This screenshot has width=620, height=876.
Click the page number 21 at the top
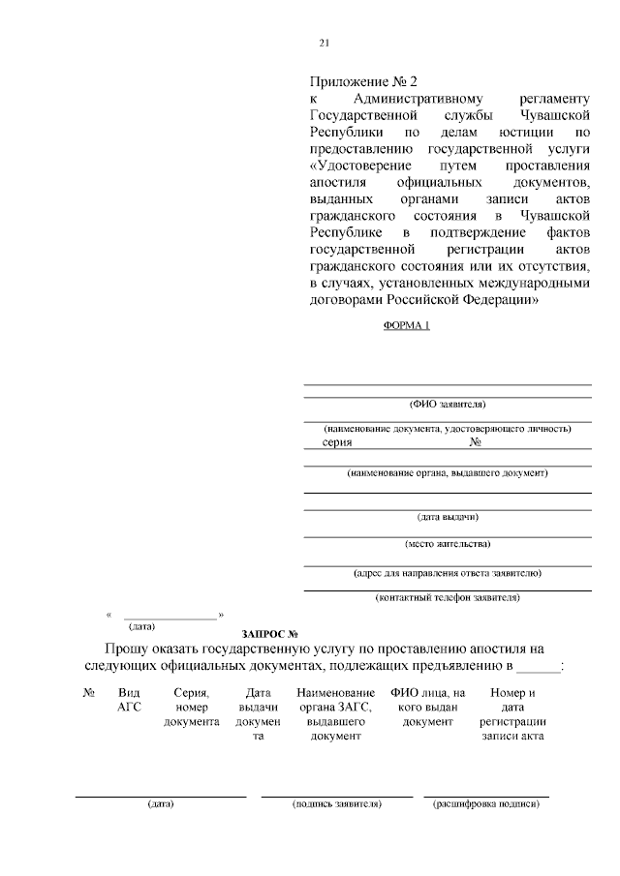(325, 43)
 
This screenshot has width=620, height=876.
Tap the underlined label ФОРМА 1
(407, 325)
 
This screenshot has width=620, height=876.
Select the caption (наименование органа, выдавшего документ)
(448, 473)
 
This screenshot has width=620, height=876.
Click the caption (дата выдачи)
(448, 516)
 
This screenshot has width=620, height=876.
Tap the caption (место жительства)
(448, 543)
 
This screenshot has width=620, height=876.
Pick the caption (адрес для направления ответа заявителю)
(448, 572)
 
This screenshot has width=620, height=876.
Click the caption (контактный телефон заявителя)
(448, 598)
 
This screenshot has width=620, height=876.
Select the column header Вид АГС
(129, 700)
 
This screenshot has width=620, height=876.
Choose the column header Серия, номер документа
(191, 707)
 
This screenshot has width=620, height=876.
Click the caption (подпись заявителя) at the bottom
(337, 805)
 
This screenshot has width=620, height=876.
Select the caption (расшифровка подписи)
(485, 805)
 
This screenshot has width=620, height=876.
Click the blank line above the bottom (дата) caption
(161, 796)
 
